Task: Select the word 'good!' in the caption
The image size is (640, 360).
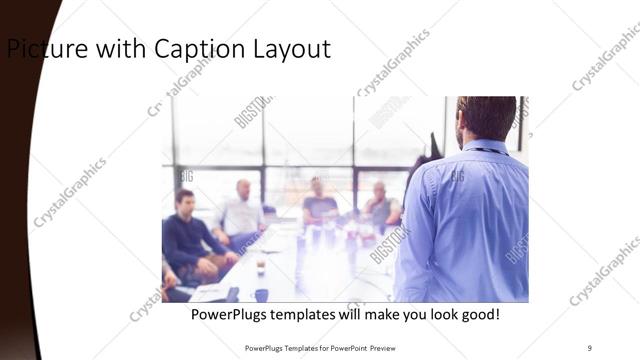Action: click(477, 315)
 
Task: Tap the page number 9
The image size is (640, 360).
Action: click(589, 347)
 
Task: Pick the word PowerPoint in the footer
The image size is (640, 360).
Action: click(342, 348)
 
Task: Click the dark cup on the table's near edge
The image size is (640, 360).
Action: click(261, 295)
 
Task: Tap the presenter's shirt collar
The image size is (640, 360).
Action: click(485, 147)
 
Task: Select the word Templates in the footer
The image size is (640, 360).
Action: click(295, 348)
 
